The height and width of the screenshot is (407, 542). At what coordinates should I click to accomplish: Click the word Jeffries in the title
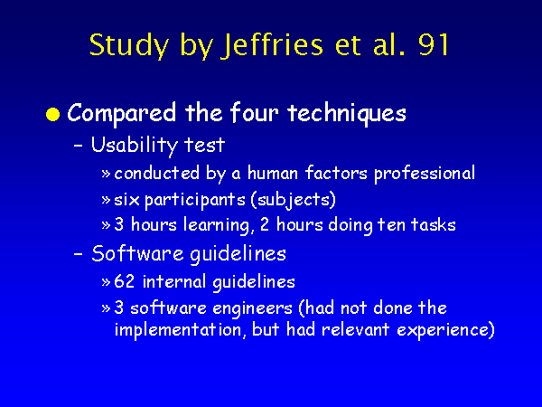(x=272, y=45)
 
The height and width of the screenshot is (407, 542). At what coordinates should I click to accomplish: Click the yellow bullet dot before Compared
(x=53, y=114)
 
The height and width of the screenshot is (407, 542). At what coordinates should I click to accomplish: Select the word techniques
(x=346, y=112)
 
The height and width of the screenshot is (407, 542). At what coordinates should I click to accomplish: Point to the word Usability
(x=134, y=146)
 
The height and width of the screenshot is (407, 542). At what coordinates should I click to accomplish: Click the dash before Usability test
(x=79, y=146)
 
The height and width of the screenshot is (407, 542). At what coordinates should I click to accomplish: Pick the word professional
(x=425, y=174)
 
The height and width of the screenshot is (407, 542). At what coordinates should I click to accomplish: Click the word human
(x=273, y=173)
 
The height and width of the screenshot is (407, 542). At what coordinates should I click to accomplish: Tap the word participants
(x=194, y=200)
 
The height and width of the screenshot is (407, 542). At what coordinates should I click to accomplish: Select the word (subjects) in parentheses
(x=293, y=200)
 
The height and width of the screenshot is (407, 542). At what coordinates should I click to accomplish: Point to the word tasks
(x=433, y=224)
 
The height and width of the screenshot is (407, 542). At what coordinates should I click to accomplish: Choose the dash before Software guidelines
(x=79, y=254)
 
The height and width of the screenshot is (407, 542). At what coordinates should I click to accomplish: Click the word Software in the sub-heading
(x=137, y=253)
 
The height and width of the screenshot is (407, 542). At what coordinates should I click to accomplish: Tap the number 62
(x=124, y=281)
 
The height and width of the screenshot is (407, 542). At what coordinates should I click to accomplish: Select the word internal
(x=174, y=281)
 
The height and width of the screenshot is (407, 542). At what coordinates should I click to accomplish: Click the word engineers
(x=252, y=309)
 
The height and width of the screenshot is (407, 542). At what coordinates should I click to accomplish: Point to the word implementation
(x=180, y=330)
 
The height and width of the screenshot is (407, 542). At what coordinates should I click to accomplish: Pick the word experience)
(x=446, y=330)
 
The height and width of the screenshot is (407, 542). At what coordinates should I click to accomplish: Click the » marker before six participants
(x=106, y=200)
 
